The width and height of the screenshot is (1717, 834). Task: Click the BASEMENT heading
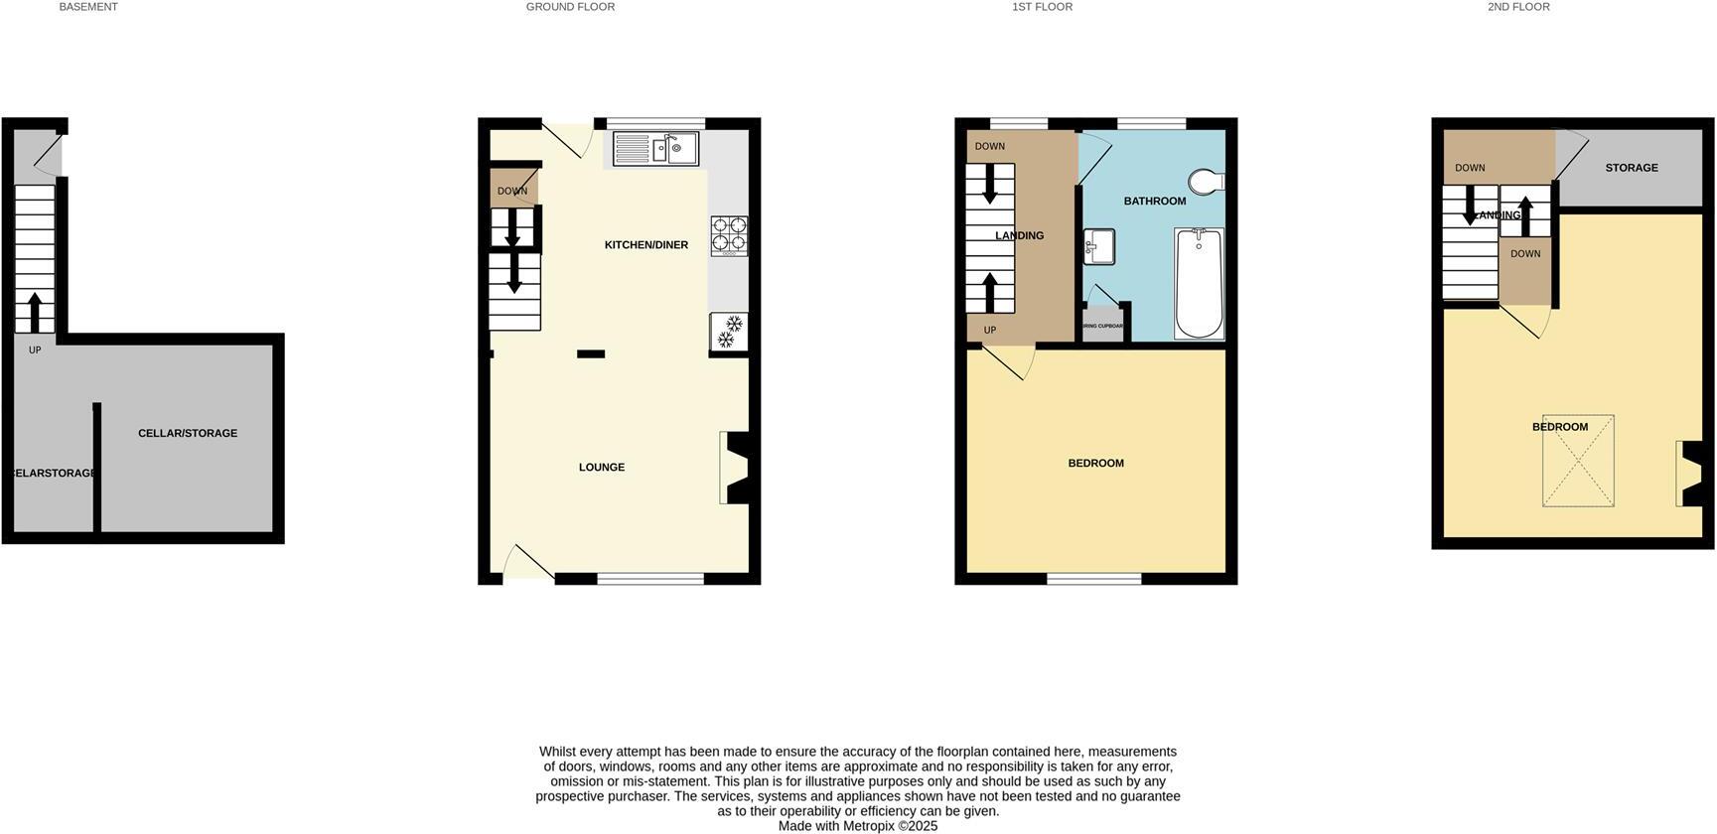coord(88,7)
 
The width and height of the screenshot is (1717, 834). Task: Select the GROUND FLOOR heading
coord(570,7)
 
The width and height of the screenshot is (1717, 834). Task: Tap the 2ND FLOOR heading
coord(1517,7)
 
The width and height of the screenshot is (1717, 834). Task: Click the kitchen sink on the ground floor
coord(655,149)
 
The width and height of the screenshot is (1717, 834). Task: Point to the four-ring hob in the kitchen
coord(729,235)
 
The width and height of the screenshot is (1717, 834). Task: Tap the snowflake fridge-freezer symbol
coord(730,332)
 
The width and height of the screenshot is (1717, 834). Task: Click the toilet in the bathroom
coord(1207,182)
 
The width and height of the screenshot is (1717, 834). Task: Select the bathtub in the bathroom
coord(1199,284)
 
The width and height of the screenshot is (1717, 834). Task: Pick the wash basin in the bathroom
coord(1098,246)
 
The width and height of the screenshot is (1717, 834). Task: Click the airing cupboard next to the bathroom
coord(1102,326)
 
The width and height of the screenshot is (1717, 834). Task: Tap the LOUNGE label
coord(602,468)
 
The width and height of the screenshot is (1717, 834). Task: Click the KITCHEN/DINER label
coord(645,245)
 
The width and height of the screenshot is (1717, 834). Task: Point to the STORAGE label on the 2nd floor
coord(1631,168)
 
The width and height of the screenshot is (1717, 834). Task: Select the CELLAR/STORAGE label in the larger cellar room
coord(187,434)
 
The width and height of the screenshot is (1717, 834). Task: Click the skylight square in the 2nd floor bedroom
coord(1577,462)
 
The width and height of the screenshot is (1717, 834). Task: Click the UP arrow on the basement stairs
coord(35,312)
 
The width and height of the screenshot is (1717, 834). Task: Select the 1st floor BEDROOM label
coord(1095,464)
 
